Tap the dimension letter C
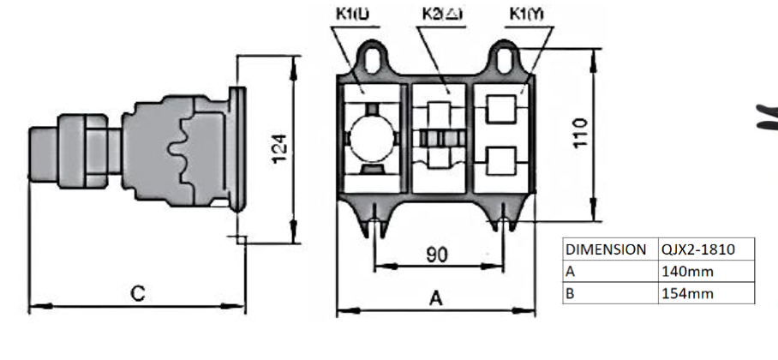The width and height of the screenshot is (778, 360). coord(137,293)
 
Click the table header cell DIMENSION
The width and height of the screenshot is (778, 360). coord(606,249)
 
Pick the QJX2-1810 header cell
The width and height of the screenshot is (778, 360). coord(697,249)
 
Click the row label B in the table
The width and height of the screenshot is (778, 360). coord(570,294)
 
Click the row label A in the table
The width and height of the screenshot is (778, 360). coord(570,272)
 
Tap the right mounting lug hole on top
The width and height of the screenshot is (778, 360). coord(503,58)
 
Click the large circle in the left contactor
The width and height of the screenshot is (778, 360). coord(371,137)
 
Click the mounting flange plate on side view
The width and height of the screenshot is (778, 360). coord(238,147)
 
